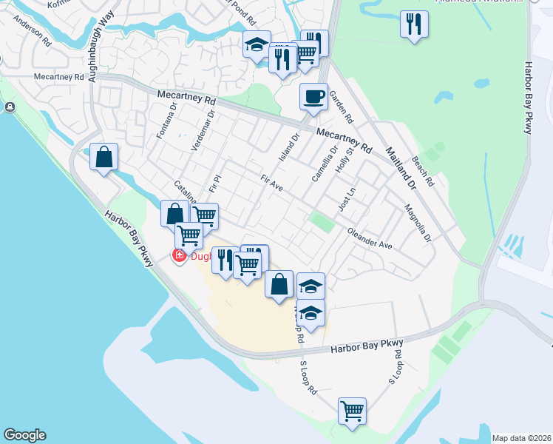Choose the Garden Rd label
click(342, 107)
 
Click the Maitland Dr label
click(400, 166)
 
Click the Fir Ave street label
click(272, 184)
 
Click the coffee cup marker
click(313, 96)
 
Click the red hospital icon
click(178, 256)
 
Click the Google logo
click(24, 435)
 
